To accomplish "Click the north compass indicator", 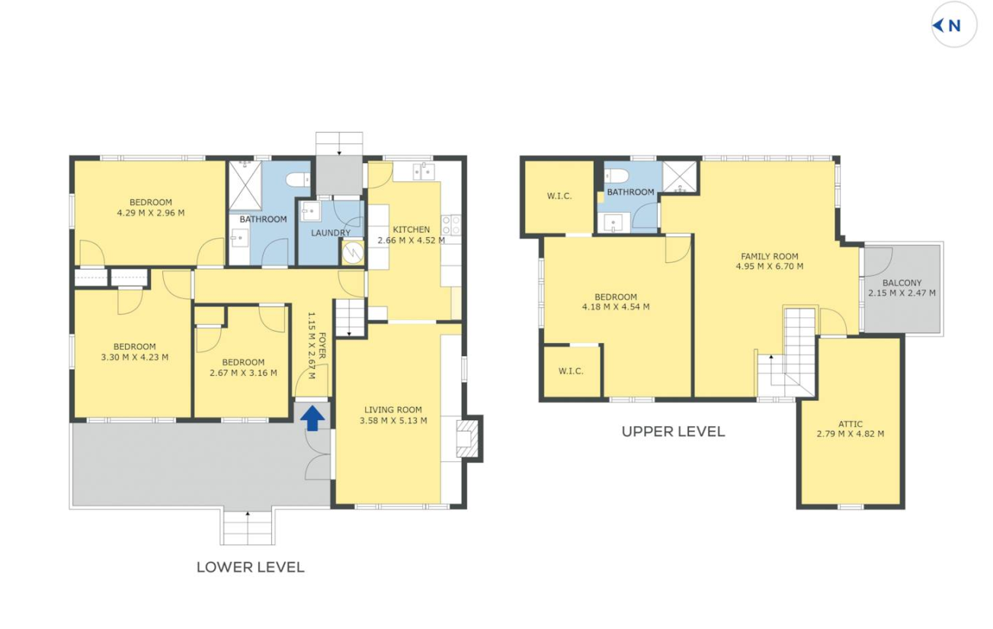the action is coord(953,25).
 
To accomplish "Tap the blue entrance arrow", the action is coord(312,418).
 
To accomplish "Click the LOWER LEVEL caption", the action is coord(251,567).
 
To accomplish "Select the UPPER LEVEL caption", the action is coord(673,432).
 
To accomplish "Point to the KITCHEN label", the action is coord(412,229).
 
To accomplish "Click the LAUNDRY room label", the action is coord(331,233).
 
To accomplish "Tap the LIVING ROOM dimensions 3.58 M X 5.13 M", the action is coord(393,421).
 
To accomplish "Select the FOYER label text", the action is coord(322,345).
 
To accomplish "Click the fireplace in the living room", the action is coord(468,438).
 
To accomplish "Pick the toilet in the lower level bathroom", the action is coord(298,180).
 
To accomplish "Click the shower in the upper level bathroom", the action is coord(680,177).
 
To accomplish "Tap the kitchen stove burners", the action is coord(451,225).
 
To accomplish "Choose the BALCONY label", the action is coord(902,283).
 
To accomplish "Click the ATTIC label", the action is coord(850,424).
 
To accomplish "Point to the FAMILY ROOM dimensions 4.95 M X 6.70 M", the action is coord(770,267).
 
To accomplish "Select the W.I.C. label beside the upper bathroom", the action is coord(559,196).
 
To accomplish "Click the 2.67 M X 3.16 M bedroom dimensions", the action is coord(243,373).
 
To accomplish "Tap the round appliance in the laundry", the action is coord(353,253).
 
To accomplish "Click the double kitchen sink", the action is coord(424,172).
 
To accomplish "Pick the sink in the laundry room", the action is coord(310,211).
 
